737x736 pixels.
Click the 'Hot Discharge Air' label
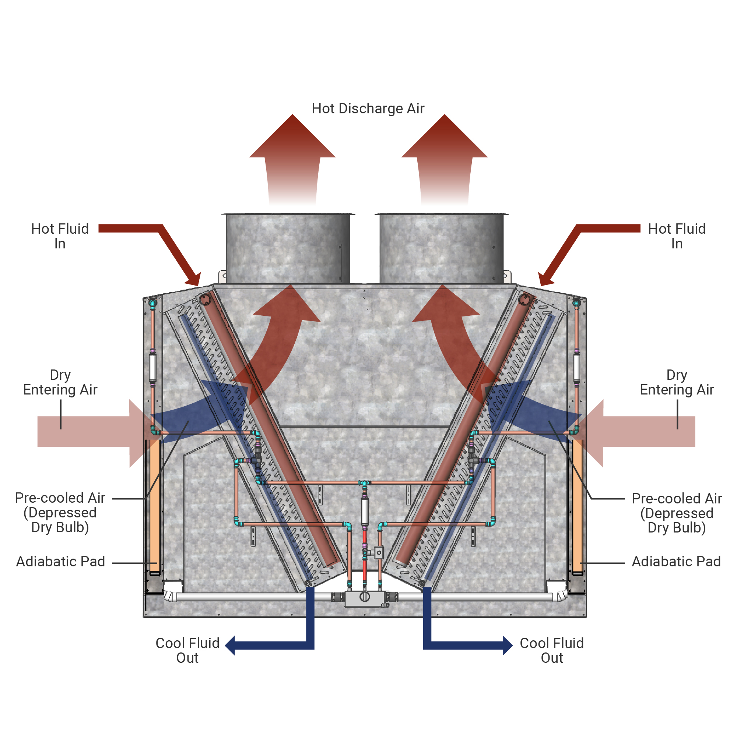(x=368, y=109)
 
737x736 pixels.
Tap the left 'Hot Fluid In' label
(x=60, y=236)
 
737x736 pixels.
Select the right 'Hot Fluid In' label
(x=676, y=236)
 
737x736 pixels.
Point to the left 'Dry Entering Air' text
(x=60, y=382)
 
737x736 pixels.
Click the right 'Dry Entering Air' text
(x=676, y=382)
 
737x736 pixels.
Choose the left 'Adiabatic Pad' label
(x=60, y=562)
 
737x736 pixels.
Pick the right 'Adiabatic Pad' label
(x=676, y=562)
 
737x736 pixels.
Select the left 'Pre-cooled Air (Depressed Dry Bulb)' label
(x=60, y=513)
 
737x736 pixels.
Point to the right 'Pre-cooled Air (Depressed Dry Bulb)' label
(x=676, y=513)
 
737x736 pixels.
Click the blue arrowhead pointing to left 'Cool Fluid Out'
(x=231, y=645)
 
